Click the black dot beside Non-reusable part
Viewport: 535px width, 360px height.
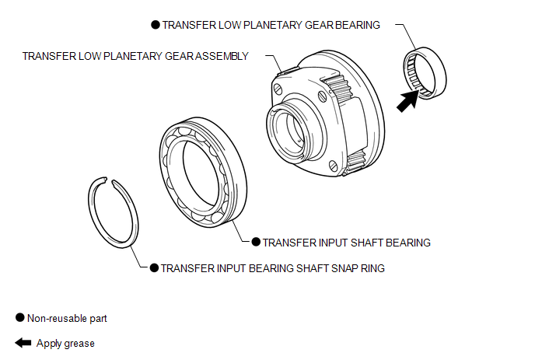[19, 318]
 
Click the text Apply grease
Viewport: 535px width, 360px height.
[65, 343]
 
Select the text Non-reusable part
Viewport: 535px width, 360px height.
[67, 318]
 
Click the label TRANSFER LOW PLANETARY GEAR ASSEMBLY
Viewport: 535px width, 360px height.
[135, 56]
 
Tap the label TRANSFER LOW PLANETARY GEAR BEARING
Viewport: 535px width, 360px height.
[271, 25]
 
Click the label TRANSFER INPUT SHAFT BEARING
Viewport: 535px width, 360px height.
[346, 243]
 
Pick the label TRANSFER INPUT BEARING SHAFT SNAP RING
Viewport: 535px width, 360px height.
[272, 267]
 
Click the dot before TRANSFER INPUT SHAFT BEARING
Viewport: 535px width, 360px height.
[256, 243]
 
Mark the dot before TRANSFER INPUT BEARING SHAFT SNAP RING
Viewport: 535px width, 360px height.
[154, 267]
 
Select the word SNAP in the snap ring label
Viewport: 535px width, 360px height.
[342, 267]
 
